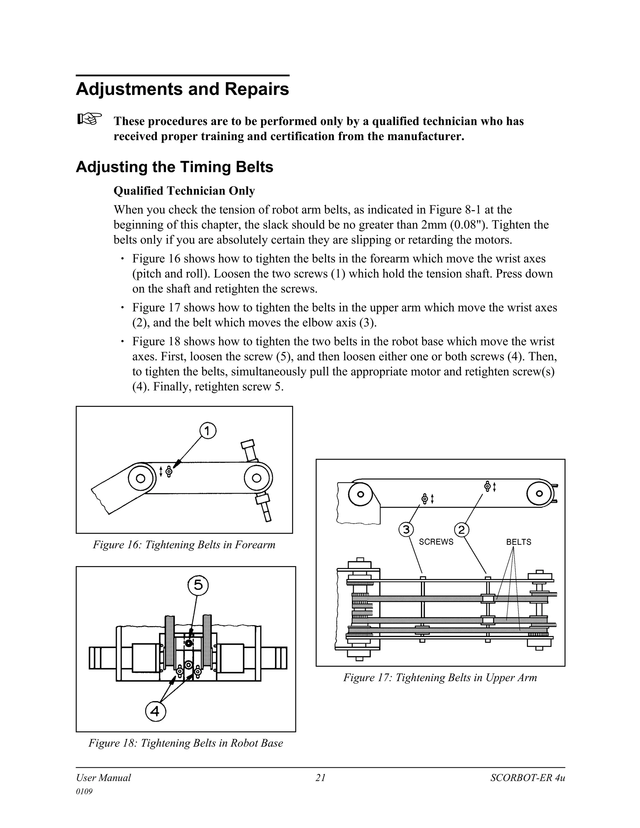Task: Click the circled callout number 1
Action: [207, 431]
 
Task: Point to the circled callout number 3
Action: [406, 529]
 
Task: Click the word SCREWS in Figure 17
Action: [436, 542]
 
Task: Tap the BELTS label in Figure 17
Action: [518, 542]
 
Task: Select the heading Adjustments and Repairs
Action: [182, 89]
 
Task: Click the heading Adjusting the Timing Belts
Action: [174, 167]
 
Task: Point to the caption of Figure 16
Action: [184, 545]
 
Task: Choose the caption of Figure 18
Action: [186, 743]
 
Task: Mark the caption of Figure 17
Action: [440, 677]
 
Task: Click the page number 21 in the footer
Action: [320, 778]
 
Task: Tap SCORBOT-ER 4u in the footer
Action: [527, 778]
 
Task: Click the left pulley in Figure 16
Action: [140, 478]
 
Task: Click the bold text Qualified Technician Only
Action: [184, 191]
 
